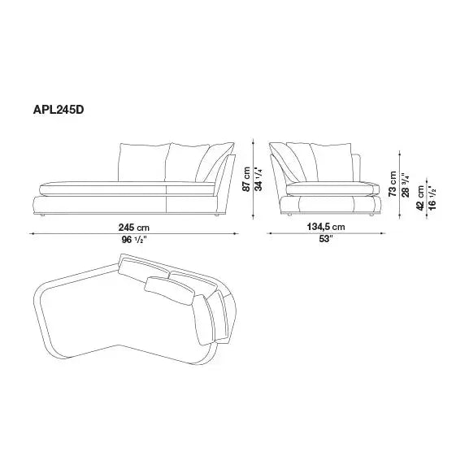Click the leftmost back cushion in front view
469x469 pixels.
142,163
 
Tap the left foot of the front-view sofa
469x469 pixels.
42,215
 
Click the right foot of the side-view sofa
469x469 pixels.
370,215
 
